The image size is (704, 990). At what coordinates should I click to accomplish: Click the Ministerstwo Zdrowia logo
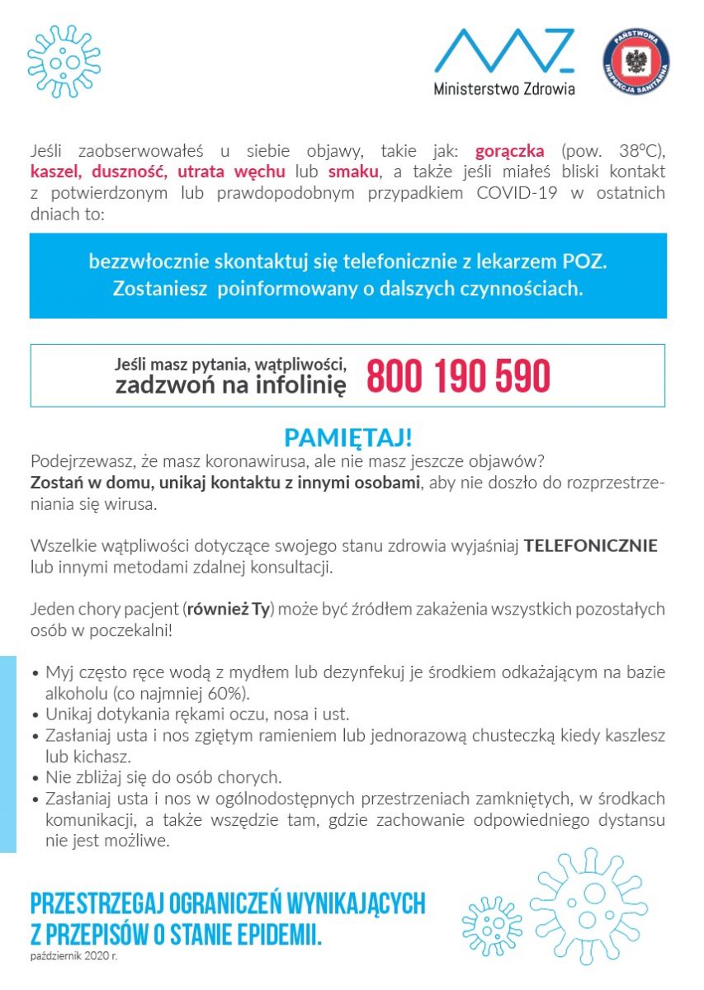click(503, 62)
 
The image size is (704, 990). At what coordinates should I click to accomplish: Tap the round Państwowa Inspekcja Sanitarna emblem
click(635, 62)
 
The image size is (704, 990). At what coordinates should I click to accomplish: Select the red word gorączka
click(509, 151)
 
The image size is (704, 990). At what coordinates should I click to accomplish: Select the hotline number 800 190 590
click(458, 376)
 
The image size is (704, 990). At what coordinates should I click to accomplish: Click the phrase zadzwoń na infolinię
click(230, 384)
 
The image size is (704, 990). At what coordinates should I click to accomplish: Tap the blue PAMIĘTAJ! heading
click(347, 437)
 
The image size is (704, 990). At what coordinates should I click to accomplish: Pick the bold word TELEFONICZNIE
click(591, 546)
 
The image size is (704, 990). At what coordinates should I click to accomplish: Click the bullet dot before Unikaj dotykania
click(35, 714)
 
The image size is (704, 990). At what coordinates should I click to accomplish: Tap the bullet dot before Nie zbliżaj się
click(35, 778)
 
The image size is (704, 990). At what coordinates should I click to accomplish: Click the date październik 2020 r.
click(73, 957)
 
